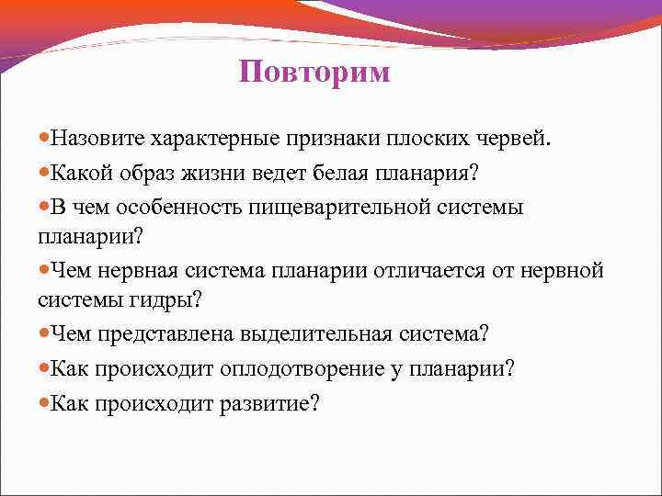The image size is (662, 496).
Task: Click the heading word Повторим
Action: (314, 73)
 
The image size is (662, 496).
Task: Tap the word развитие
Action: (267, 402)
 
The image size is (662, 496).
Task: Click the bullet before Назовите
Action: (44, 140)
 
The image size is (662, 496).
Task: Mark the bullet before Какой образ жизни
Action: (44, 173)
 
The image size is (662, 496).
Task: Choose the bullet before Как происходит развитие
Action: (44, 402)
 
